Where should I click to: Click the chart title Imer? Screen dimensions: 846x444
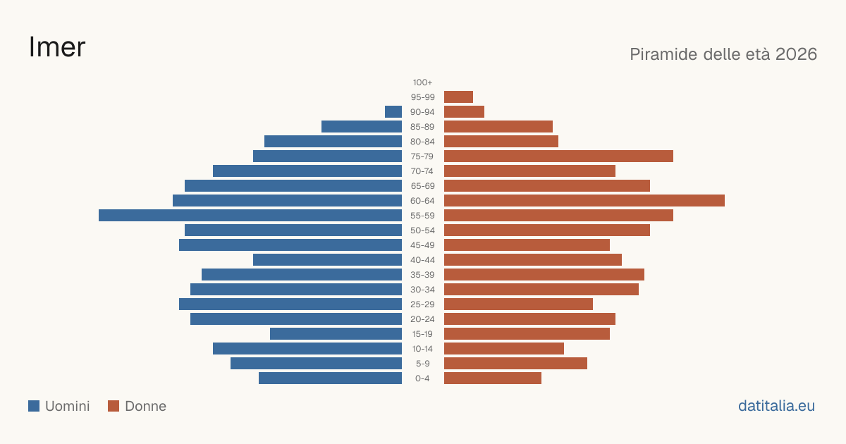(x=57, y=47)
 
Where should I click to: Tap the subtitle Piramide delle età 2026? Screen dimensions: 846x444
(x=723, y=54)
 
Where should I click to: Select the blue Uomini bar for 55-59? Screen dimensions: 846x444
(x=250, y=215)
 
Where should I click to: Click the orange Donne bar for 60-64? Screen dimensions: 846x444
(x=584, y=200)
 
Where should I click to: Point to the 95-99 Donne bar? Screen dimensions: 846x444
(x=458, y=97)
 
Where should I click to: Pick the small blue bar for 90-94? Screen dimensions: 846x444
(x=393, y=112)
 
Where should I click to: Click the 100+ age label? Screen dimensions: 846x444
(x=422, y=82)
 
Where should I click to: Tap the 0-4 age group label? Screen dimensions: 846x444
(x=422, y=378)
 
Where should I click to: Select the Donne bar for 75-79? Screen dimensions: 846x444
(x=558, y=156)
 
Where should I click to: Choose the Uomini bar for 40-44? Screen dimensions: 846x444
(x=327, y=260)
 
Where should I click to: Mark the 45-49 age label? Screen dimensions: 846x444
(x=422, y=245)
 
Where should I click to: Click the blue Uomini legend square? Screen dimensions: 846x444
(x=34, y=406)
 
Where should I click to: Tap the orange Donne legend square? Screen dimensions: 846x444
(x=114, y=406)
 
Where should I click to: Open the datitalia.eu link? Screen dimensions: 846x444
(x=776, y=406)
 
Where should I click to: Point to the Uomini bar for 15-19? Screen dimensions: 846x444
(x=336, y=334)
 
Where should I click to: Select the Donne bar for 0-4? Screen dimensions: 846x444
(x=493, y=378)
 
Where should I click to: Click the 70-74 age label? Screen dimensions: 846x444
(x=422, y=171)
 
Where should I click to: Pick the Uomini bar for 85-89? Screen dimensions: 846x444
(x=362, y=126)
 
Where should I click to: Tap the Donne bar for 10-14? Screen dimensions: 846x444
(x=504, y=348)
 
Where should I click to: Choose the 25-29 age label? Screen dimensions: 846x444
(x=422, y=304)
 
